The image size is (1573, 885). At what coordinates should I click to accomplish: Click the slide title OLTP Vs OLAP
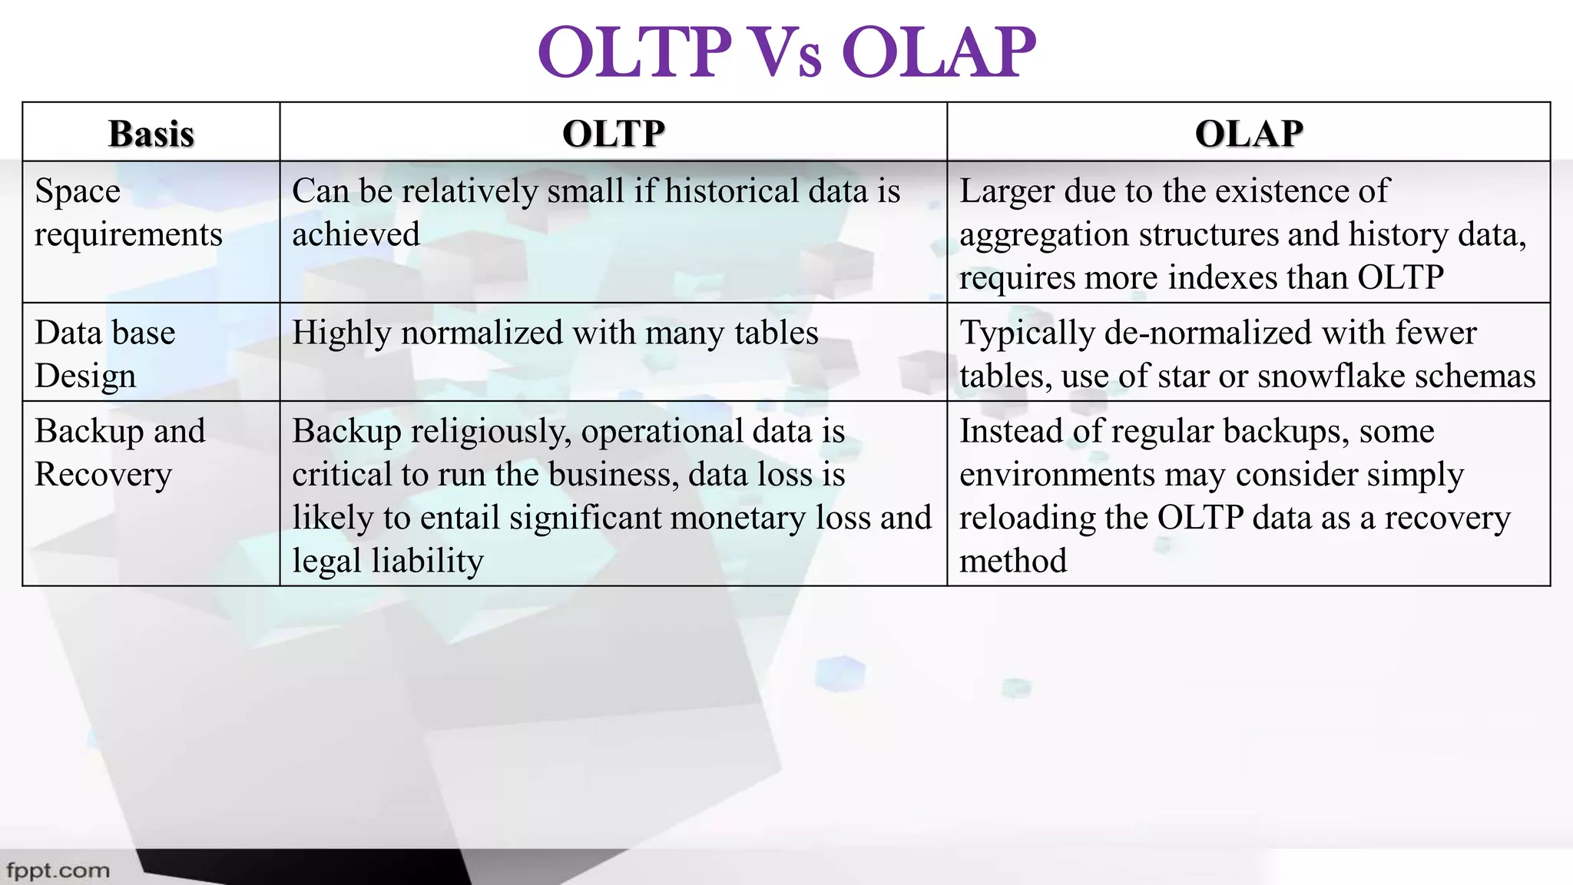pyautogui.click(x=786, y=52)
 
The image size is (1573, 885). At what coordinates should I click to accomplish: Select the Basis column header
pyautogui.click(x=151, y=134)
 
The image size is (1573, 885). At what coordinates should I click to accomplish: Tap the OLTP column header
pyautogui.click(x=613, y=134)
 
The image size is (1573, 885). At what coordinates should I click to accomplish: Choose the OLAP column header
pyautogui.click(x=1248, y=134)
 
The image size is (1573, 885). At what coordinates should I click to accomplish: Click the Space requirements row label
pyautogui.click(x=127, y=213)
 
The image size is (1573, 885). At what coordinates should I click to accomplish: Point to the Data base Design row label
pyautogui.click(x=105, y=354)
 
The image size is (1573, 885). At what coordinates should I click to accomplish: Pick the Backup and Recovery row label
pyautogui.click(x=120, y=452)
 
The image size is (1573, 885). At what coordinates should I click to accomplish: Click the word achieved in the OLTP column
pyautogui.click(x=356, y=234)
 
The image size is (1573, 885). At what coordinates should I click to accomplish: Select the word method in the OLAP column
pyautogui.click(x=1012, y=562)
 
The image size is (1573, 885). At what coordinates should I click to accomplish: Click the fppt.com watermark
pyautogui.click(x=58, y=871)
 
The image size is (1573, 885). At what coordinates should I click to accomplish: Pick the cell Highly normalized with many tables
pyautogui.click(x=555, y=333)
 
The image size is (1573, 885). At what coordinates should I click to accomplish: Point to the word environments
pyautogui.click(x=1057, y=475)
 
